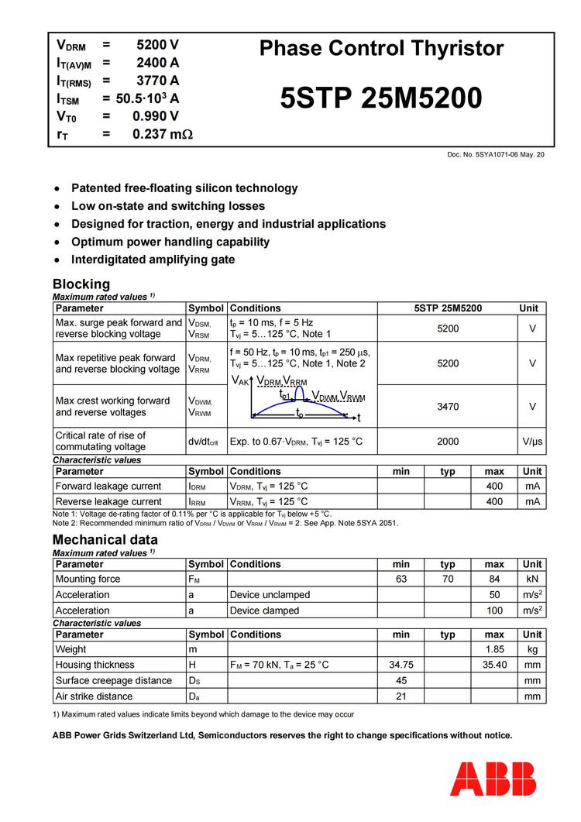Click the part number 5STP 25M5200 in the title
coord(380,98)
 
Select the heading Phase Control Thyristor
coord(381,48)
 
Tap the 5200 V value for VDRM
coord(157,45)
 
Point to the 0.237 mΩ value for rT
coord(162,134)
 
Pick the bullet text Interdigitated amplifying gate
coord(153,260)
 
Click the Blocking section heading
coord(81,284)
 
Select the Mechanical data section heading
coord(105,539)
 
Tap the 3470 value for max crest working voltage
coord(448,406)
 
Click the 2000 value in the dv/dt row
coord(448,442)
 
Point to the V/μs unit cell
coord(532,442)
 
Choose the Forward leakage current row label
coord(108,487)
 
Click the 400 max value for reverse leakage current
coord(494,502)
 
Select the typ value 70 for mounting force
coord(448,579)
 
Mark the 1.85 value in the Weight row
coord(494,649)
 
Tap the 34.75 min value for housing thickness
coord(401,665)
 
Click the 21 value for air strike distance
coord(401,696)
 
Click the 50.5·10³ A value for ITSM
coord(147,98)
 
